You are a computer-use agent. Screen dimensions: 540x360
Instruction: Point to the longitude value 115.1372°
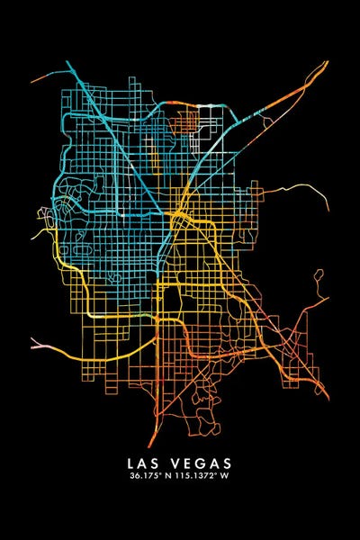click(199, 477)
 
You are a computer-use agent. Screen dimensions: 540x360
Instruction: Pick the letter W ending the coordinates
click(227, 477)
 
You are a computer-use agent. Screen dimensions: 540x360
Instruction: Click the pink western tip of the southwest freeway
click(34, 345)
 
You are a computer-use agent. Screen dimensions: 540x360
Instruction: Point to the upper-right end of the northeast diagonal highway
click(327, 62)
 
